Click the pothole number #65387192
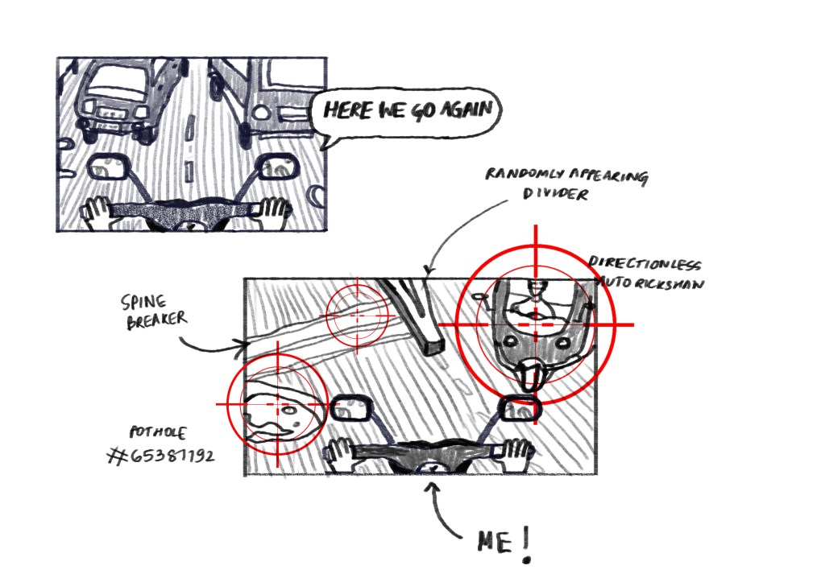161,455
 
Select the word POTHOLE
157,432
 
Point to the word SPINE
143,302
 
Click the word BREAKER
157,320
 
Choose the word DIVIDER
555,193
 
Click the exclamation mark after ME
527,545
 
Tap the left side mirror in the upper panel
108,167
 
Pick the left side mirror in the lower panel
351,408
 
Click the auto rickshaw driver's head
536,287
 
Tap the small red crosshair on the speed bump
358,316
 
